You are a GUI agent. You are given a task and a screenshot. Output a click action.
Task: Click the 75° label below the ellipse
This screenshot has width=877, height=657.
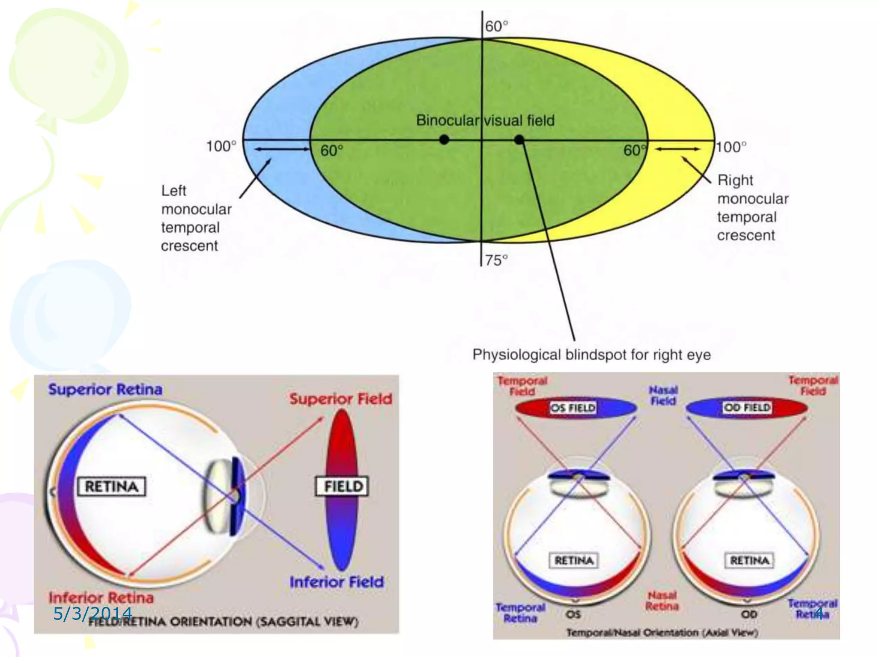[x=496, y=260]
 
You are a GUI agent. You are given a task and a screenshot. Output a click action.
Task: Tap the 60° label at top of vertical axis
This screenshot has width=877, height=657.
[x=496, y=27]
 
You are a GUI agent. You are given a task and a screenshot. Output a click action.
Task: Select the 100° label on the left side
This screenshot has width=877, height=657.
[x=221, y=147]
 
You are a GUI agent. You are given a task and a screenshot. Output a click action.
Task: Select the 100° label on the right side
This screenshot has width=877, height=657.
[x=731, y=148]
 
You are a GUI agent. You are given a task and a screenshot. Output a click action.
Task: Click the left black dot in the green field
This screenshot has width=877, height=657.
[x=444, y=139]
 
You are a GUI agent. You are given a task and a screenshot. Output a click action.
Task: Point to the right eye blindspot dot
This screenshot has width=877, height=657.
[x=519, y=139]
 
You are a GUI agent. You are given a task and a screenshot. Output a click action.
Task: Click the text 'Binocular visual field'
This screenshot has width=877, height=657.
[x=485, y=121]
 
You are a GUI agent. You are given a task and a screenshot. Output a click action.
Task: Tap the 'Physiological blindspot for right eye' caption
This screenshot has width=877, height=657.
[x=591, y=355]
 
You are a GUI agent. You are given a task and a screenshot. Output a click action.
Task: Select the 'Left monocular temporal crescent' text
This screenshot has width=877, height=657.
[x=196, y=218]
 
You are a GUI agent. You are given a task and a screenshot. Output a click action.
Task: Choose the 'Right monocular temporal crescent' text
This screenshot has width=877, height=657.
[x=752, y=208]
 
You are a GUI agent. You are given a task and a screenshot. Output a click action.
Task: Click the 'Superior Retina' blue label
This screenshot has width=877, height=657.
[x=105, y=389]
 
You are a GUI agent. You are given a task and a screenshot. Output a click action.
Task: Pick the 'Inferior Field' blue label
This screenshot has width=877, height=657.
[x=337, y=582]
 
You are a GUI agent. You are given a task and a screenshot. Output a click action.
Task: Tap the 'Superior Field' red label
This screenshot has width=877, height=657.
[x=341, y=399]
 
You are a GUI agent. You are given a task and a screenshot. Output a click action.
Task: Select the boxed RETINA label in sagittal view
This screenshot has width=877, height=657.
[x=112, y=486]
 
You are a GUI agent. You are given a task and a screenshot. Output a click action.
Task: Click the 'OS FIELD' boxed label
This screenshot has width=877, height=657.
[x=573, y=408]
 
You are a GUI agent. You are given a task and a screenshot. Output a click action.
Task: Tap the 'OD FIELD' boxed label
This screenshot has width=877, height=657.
[x=747, y=407]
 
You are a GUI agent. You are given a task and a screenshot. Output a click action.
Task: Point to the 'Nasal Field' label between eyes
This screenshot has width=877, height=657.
[x=663, y=395]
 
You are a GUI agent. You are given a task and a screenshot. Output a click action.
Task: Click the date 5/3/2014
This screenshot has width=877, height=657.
[x=92, y=614]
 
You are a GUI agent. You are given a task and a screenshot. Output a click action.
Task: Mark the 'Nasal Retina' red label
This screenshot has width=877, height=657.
[x=662, y=601]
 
